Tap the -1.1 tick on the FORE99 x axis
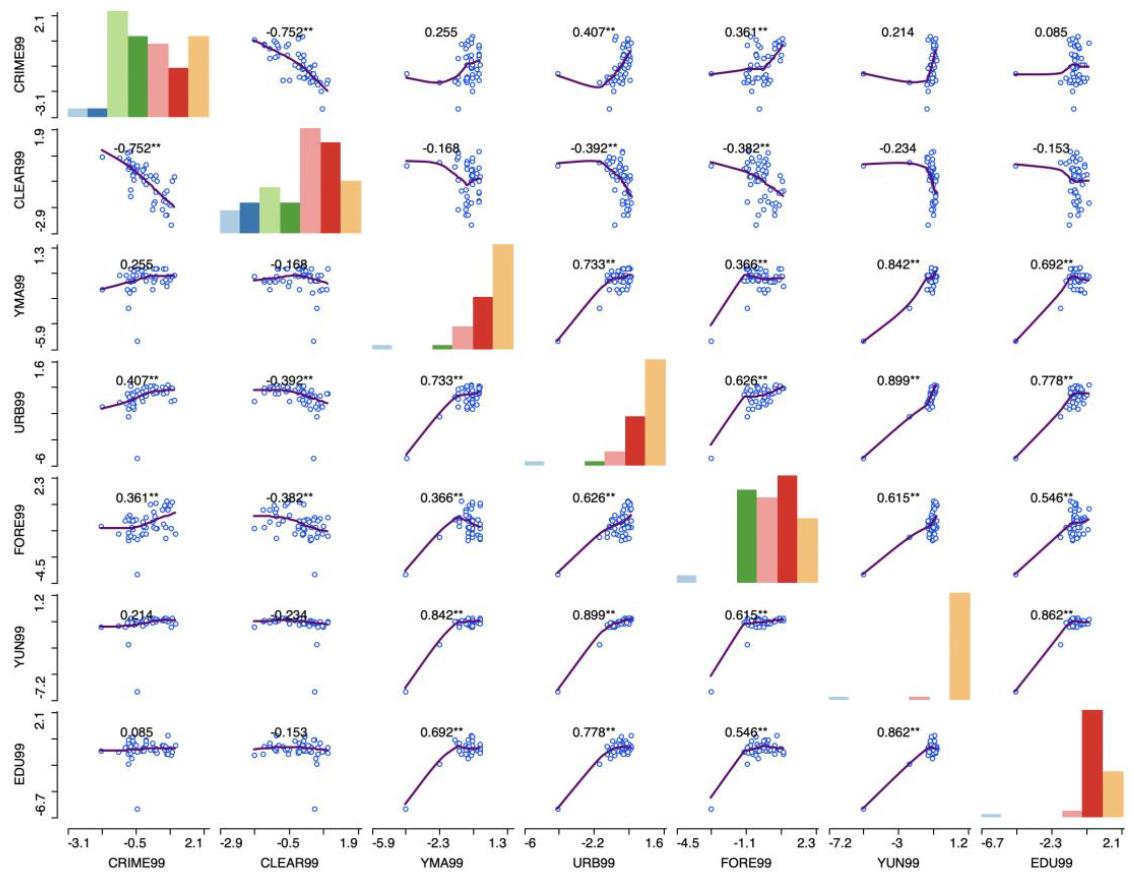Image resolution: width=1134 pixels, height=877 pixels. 747,843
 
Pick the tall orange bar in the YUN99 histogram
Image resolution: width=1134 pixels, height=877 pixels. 960,646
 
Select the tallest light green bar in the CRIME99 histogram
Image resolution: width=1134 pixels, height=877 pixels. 117,63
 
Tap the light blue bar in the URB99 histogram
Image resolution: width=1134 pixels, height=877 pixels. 534,463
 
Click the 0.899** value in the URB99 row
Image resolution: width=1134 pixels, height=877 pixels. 898,381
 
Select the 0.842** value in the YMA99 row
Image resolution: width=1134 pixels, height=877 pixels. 898,264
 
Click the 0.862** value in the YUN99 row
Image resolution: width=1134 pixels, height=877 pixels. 1051,615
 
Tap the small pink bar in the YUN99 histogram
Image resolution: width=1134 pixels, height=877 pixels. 919,698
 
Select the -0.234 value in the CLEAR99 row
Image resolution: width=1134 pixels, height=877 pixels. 897,149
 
